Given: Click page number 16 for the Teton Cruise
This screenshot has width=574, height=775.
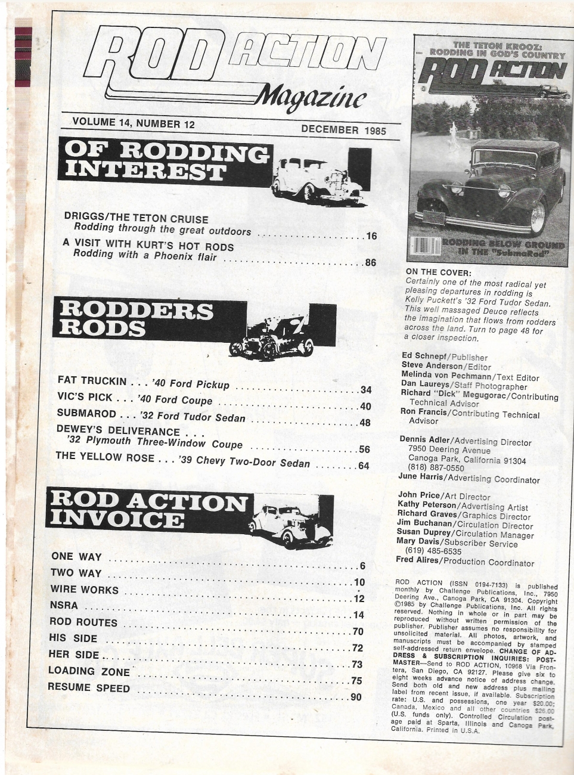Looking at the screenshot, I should (x=371, y=236).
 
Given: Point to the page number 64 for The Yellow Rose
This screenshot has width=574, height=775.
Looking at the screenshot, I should (x=364, y=466).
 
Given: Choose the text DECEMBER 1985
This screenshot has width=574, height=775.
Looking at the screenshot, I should (x=343, y=130).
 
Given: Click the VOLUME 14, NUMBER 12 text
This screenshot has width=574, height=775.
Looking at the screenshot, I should (x=134, y=123).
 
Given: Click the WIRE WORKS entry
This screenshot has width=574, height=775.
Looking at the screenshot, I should (x=84, y=590).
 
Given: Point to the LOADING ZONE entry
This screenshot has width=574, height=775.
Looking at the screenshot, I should (x=89, y=671).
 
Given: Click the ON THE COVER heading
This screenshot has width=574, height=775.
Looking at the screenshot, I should (x=437, y=272).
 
